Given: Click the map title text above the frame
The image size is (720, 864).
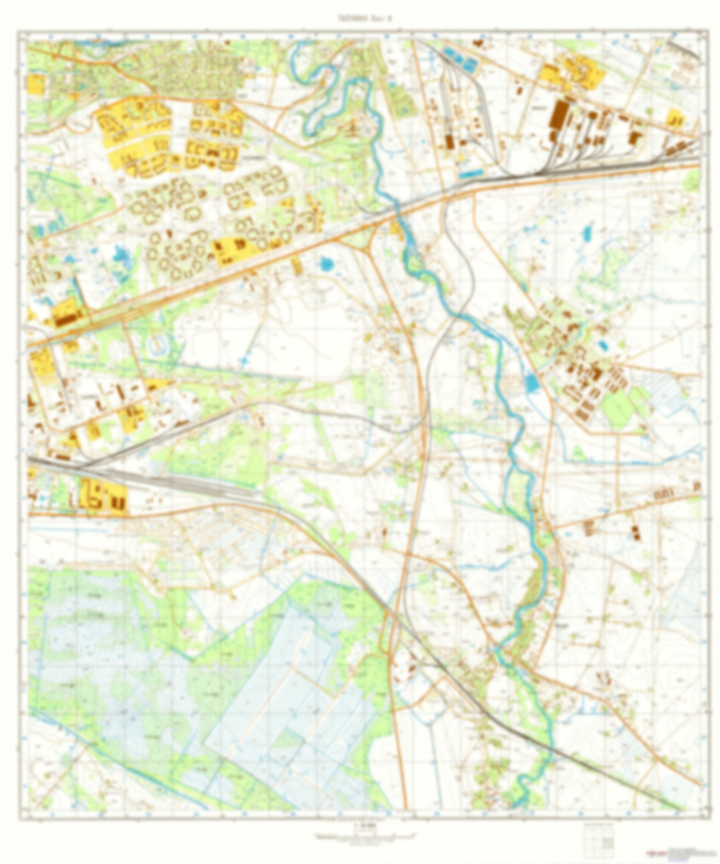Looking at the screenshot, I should (360, 18).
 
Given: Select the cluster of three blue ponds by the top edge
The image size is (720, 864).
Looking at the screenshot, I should (460, 58).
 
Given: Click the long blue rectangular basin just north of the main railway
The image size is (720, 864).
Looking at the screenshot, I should (471, 174).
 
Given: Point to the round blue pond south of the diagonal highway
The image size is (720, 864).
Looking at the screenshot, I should (326, 263).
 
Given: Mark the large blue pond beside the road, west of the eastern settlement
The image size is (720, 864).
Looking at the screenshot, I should (531, 382).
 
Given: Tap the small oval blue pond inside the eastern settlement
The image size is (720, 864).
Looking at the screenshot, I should (603, 344).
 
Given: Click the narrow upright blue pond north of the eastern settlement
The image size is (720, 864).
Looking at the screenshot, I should (587, 232).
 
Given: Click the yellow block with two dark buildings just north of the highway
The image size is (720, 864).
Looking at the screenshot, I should (230, 249).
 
